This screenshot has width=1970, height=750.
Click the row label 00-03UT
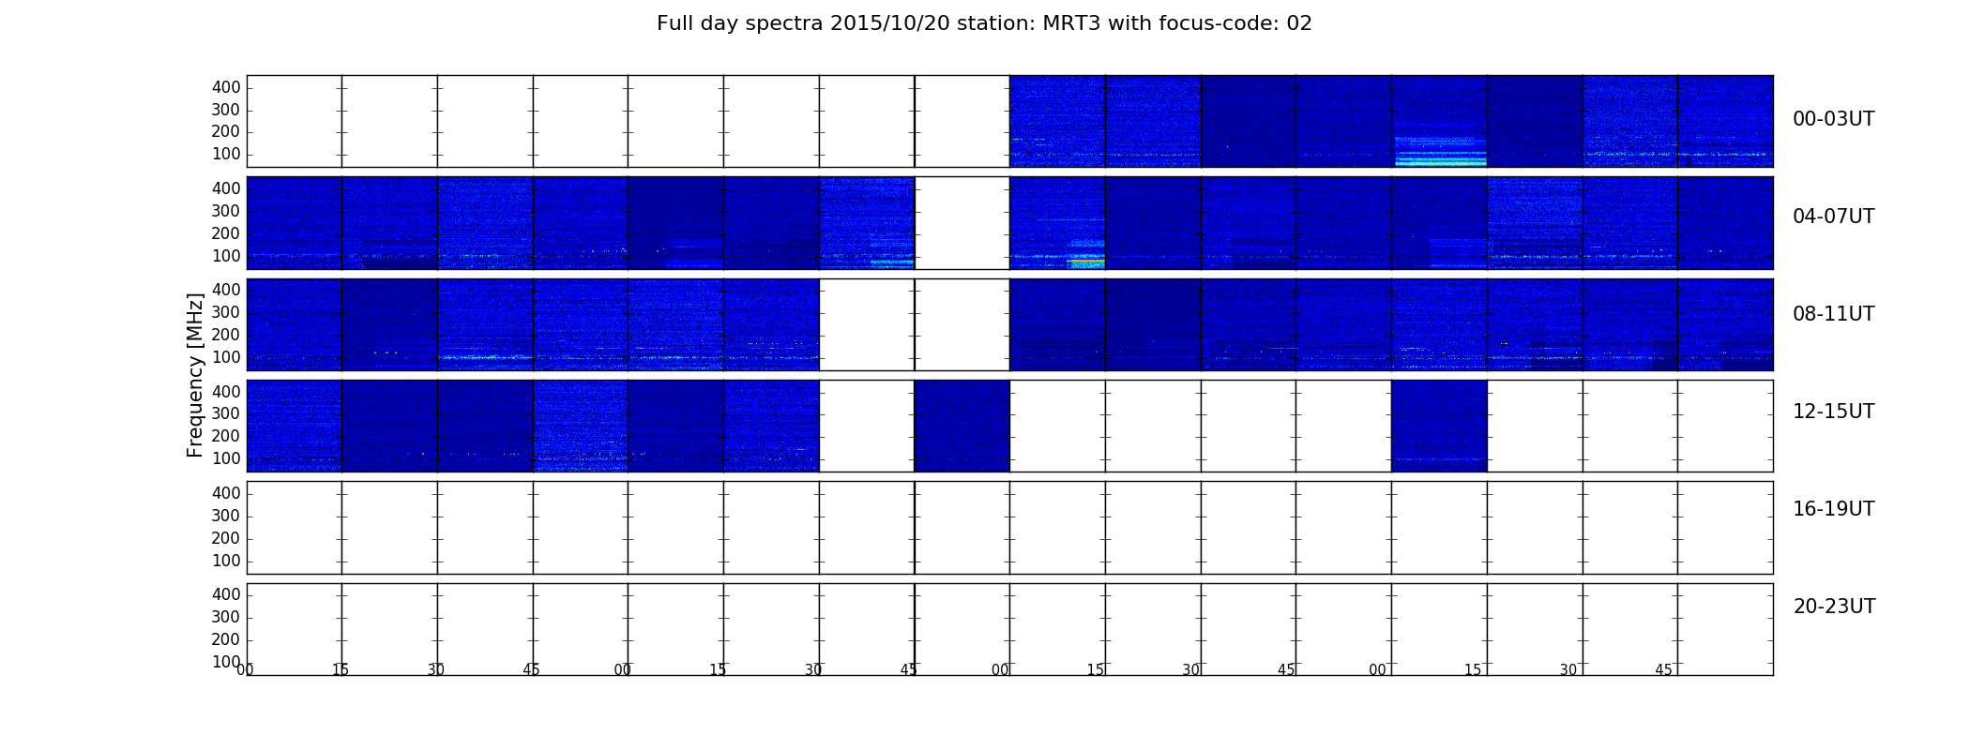[x=1833, y=119]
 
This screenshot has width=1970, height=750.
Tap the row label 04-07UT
[x=1833, y=217]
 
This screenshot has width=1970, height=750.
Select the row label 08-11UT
[x=1833, y=314]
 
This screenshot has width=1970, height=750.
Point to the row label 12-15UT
[x=1833, y=412]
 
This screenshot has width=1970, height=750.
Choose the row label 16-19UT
[x=1833, y=509]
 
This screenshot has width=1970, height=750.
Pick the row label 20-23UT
[x=1834, y=607]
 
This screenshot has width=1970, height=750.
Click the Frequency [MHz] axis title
[x=195, y=375]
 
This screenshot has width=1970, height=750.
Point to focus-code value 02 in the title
[x=1299, y=23]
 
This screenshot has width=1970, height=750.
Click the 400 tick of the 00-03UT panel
[x=226, y=87]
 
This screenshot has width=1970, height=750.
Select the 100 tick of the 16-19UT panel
[x=226, y=561]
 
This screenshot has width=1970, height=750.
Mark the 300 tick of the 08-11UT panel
[x=226, y=312]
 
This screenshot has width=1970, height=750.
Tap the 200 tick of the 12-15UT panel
[x=226, y=436]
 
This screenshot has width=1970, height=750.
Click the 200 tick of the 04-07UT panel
[x=226, y=233]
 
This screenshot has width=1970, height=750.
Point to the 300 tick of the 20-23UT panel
[x=226, y=617]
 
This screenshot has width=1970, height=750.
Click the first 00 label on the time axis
[x=245, y=669]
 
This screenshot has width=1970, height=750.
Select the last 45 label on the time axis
[x=1663, y=669]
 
